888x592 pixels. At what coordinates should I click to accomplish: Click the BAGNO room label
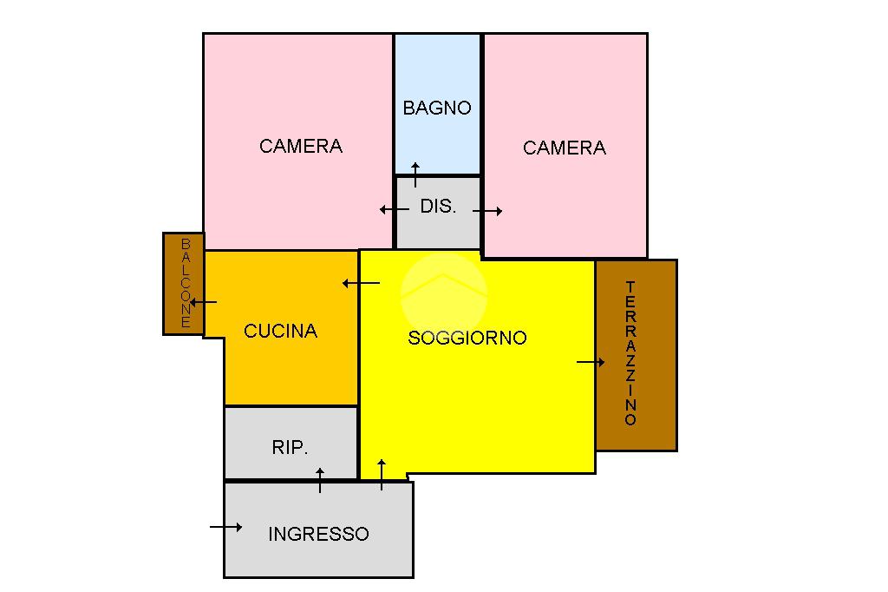pyautogui.click(x=437, y=109)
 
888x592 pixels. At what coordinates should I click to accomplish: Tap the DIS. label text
pyautogui.click(x=438, y=207)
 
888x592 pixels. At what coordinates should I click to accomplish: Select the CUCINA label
pyautogui.click(x=280, y=331)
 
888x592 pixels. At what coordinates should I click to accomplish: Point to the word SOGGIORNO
pyautogui.click(x=467, y=338)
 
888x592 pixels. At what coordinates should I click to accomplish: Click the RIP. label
pyautogui.click(x=290, y=448)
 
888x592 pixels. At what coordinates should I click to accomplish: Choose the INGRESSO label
pyautogui.click(x=318, y=534)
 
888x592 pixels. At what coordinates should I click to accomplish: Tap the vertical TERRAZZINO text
pyautogui.click(x=630, y=353)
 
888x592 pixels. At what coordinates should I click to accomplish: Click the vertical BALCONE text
pyautogui.click(x=185, y=284)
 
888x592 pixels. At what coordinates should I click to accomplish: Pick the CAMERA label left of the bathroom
pyautogui.click(x=301, y=146)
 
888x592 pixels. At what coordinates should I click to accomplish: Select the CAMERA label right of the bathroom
pyautogui.click(x=564, y=148)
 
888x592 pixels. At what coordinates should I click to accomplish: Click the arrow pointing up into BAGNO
pyautogui.click(x=415, y=174)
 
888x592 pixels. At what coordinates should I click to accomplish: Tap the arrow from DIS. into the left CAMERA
pyautogui.click(x=394, y=209)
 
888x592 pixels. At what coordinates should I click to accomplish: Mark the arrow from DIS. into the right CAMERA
pyautogui.click(x=488, y=211)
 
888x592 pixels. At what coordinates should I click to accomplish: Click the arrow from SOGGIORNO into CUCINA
pyautogui.click(x=361, y=283)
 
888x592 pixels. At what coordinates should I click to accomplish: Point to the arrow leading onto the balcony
pyautogui.click(x=203, y=302)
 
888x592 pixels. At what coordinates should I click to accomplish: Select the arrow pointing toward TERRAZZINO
pyautogui.click(x=591, y=362)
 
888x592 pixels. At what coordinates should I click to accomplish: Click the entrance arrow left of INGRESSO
pyautogui.click(x=225, y=527)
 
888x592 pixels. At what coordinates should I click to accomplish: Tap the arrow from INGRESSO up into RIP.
pyautogui.click(x=320, y=480)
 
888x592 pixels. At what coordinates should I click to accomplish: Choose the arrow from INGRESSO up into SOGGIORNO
pyautogui.click(x=382, y=474)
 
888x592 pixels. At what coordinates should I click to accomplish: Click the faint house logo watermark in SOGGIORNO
pyautogui.click(x=443, y=291)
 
